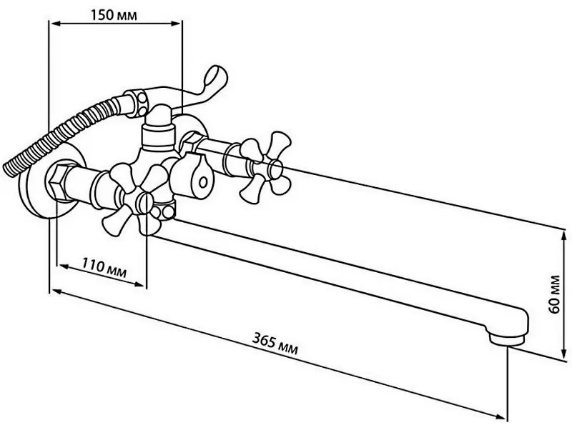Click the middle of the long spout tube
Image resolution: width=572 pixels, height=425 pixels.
336,264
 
